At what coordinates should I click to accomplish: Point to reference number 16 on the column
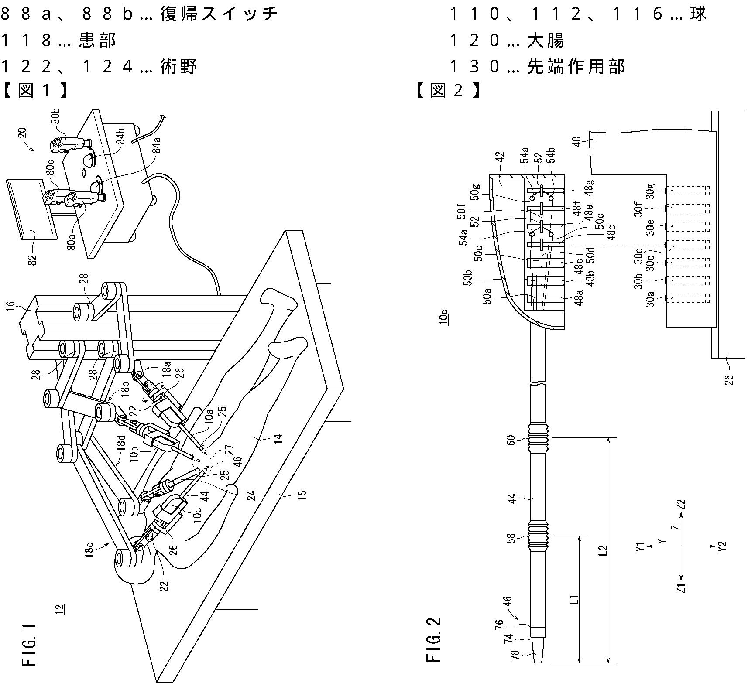tap(11, 305)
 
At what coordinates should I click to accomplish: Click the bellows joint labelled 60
tap(539, 438)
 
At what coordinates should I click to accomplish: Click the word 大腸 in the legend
tap(546, 41)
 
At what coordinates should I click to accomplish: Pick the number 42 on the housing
tap(501, 157)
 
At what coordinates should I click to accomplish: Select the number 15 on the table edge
tap(302, 494)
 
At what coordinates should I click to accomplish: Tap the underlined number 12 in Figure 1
tap(60, 609)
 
